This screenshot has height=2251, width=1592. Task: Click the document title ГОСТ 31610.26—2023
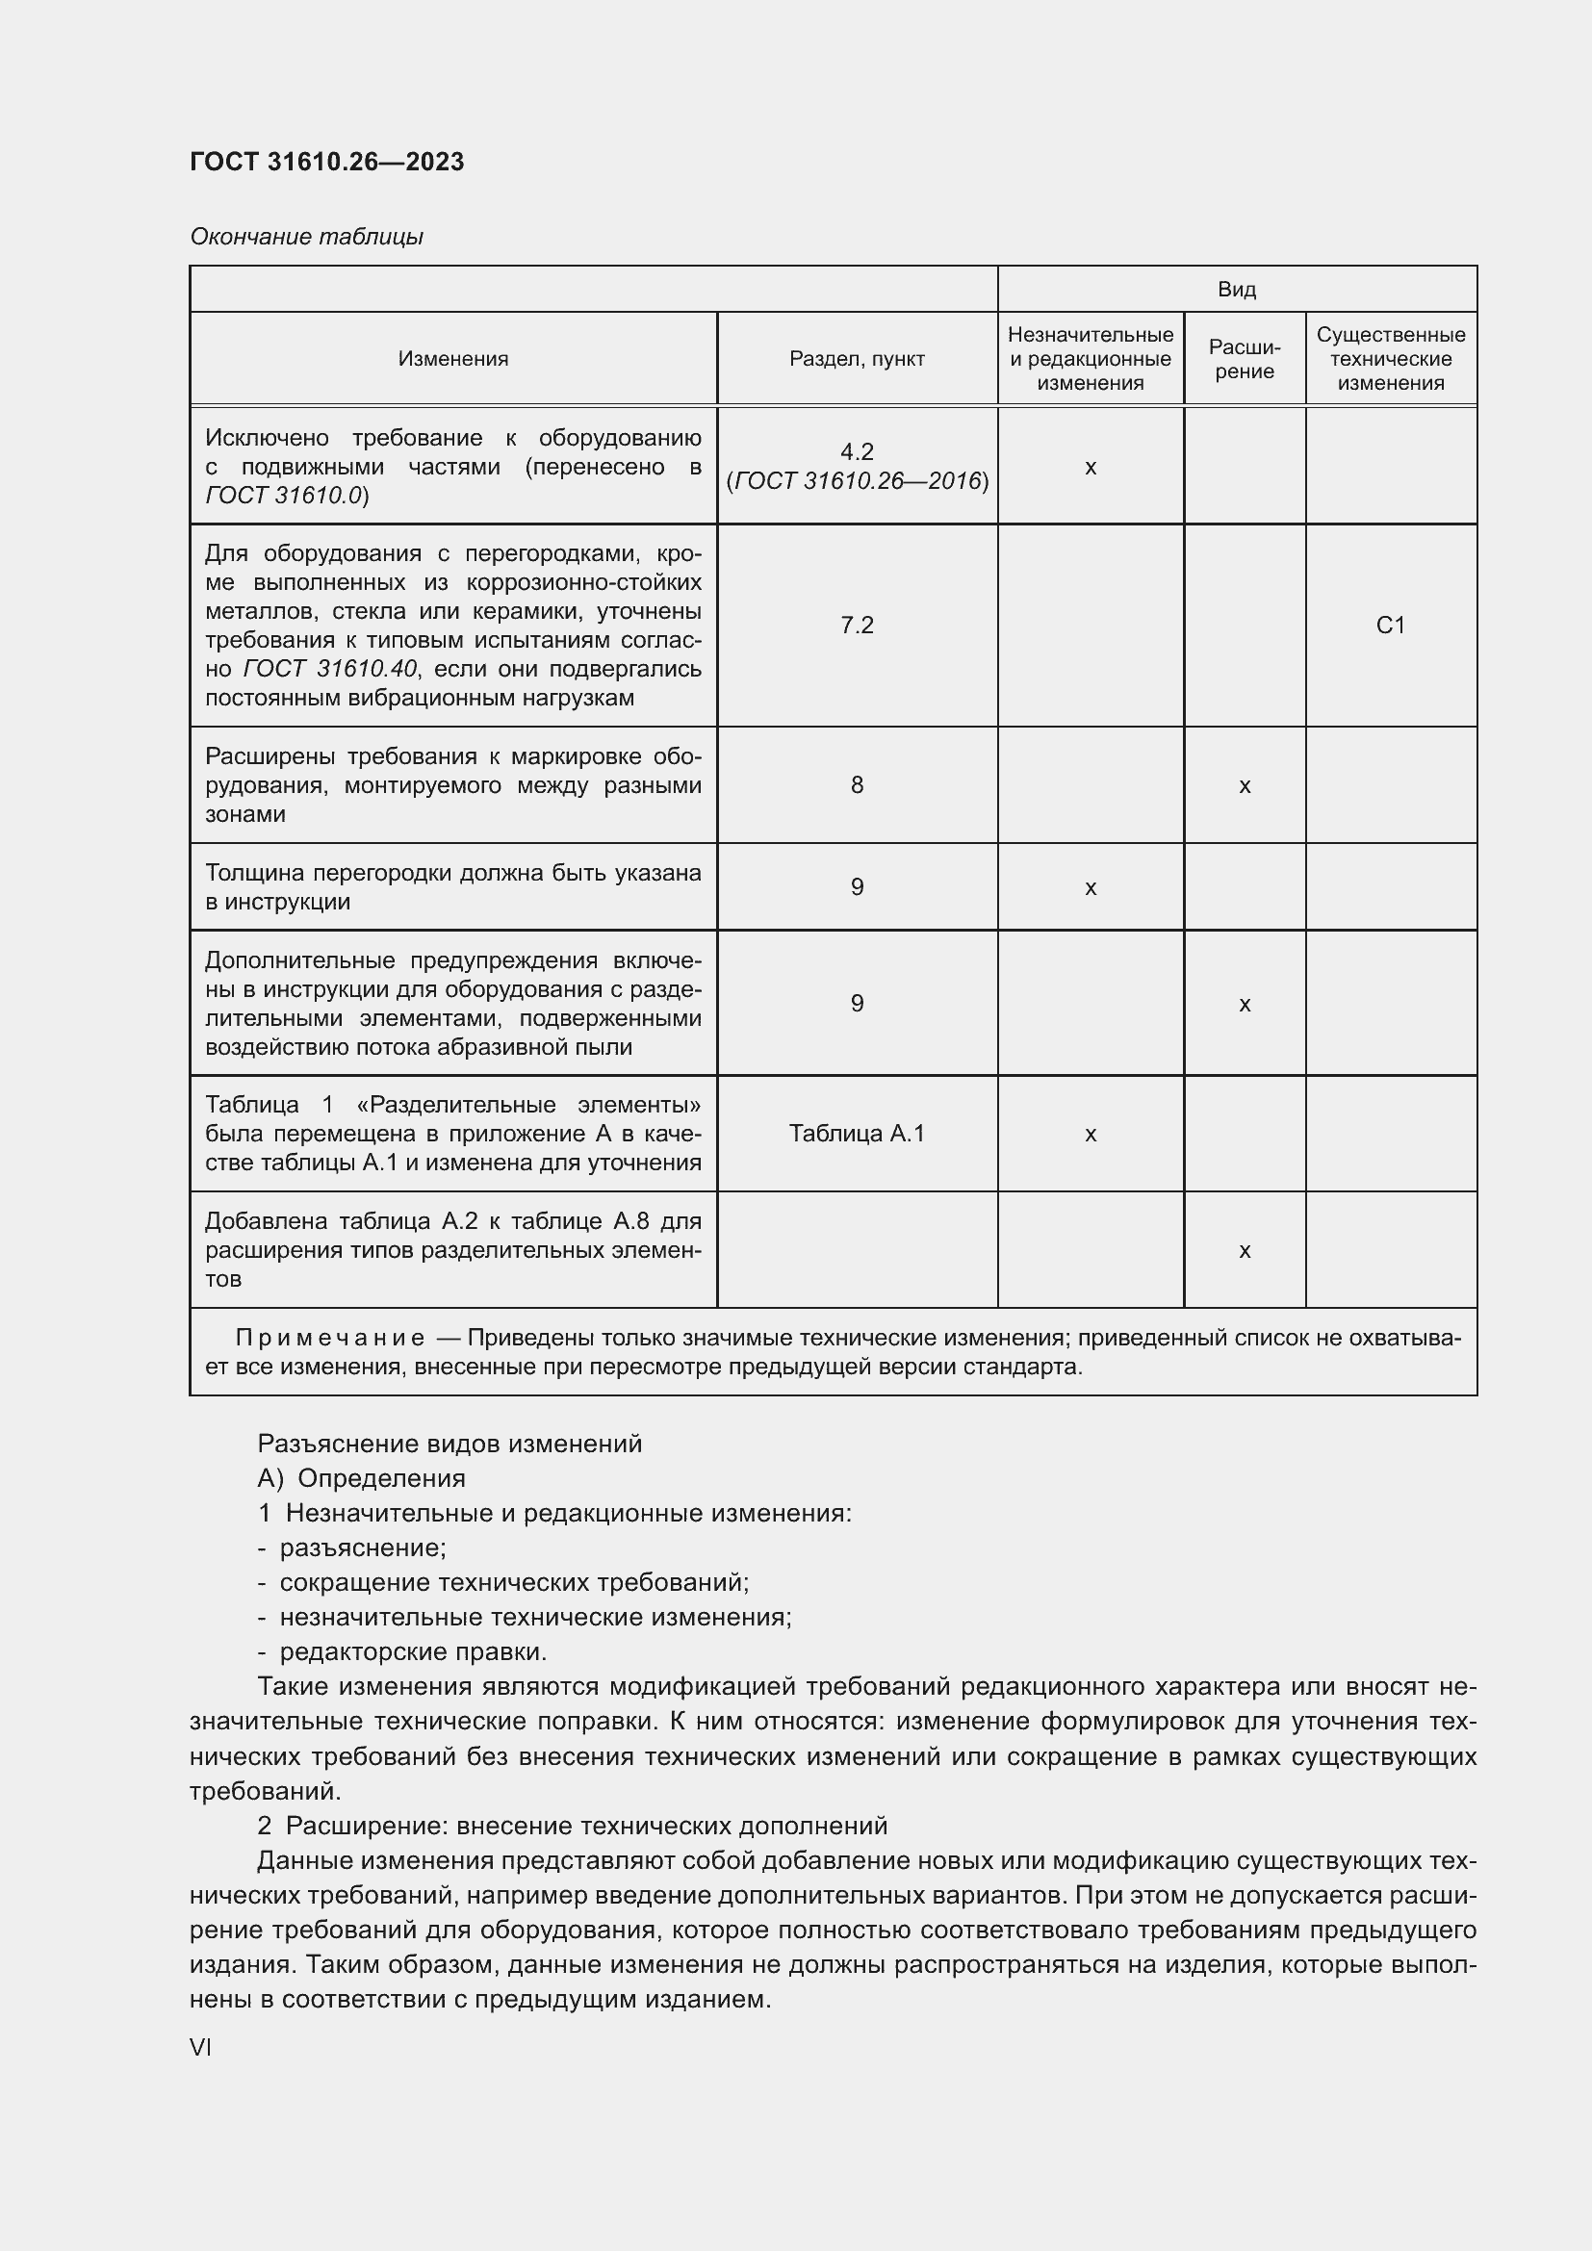(x=326, y=162)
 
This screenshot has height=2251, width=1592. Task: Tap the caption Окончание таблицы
(x=306, y=237)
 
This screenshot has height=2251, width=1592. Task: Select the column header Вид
(x=1236, y=290)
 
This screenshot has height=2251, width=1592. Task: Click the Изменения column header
(x=453, y=359)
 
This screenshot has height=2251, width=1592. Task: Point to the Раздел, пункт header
(x=856, y=359)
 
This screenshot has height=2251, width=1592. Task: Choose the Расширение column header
(x=1244, y=359)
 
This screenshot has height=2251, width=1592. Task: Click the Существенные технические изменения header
(x=1390, y=359)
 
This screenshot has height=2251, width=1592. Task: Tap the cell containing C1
(x=1390, y=626)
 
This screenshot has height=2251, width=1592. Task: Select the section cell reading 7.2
(x=856, y=626)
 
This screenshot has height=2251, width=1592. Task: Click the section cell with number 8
(x=856, y=784)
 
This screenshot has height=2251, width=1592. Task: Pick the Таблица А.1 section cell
(x=856, y=1134)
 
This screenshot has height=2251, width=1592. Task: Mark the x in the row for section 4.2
(x=1091, y=468)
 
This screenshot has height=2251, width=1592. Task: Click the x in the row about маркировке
(x=1244, y=785)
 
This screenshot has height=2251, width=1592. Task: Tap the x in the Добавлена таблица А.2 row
(x=1244, y=1251)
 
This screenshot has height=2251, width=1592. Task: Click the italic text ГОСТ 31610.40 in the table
(x=329, y=669)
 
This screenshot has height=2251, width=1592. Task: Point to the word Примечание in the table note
(x=329, y=1339)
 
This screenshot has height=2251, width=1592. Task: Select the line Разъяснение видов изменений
(x=449, y=1445)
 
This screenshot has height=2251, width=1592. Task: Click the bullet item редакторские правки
(x=412, y=1652)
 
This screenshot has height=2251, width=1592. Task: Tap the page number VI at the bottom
(x=201, y=2048)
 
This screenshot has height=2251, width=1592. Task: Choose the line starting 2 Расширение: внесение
(x=573, y=1826)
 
